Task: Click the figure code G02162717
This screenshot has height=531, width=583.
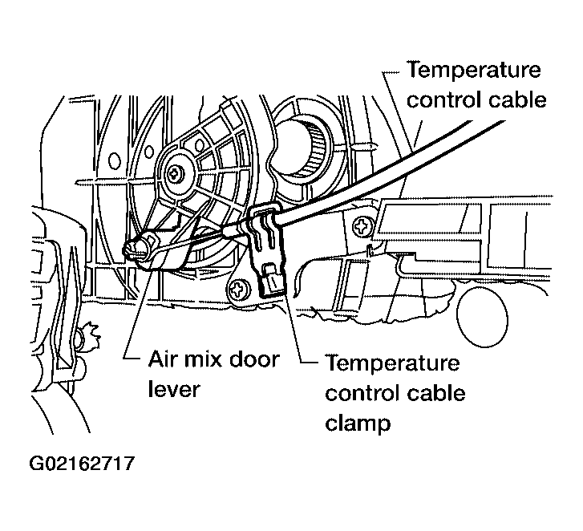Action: pos(82,464)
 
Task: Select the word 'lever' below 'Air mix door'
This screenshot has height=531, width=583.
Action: pos(174,389)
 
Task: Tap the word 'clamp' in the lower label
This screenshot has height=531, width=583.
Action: pos(358,424)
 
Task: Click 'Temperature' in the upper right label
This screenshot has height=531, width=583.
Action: pos(474,70)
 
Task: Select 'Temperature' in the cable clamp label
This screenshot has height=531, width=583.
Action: pos(392,363)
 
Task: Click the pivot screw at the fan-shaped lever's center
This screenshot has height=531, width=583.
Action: pos(174,172)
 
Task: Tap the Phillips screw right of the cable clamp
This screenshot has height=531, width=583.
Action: pos(362,226)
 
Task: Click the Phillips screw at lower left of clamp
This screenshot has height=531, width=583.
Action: pos(238,289)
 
